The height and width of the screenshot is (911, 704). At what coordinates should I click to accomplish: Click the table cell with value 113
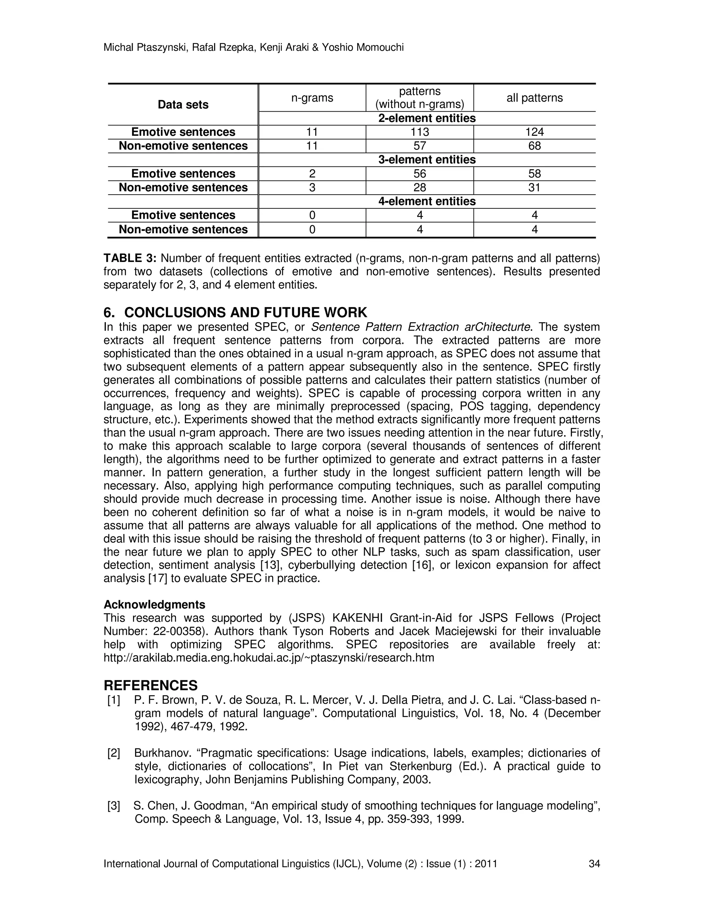pos(420,132)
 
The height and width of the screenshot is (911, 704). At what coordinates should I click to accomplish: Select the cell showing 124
pos(534,132)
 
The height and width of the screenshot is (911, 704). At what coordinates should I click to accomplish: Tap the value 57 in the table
pos(420,146)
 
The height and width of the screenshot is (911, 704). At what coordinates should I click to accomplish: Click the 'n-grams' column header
pos(312,98)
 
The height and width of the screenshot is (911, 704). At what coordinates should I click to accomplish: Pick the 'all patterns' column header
pos(534,98)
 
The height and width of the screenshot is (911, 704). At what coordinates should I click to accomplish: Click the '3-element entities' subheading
pos(427,160)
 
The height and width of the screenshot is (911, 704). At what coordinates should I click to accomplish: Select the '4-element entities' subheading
pos(427,201)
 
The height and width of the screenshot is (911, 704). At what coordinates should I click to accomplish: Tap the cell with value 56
pos(420,174)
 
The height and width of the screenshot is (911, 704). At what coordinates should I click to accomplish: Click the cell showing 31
pos(534,188)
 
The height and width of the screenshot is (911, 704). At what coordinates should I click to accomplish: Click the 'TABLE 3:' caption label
pos(130,259)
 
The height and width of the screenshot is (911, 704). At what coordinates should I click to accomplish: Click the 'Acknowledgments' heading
pos(154,604)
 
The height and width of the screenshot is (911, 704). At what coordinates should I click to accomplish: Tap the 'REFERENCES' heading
pos(151,685)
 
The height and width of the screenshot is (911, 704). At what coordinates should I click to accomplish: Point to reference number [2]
pos(114,753)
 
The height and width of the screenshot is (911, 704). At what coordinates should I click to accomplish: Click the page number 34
pos(594,864)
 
